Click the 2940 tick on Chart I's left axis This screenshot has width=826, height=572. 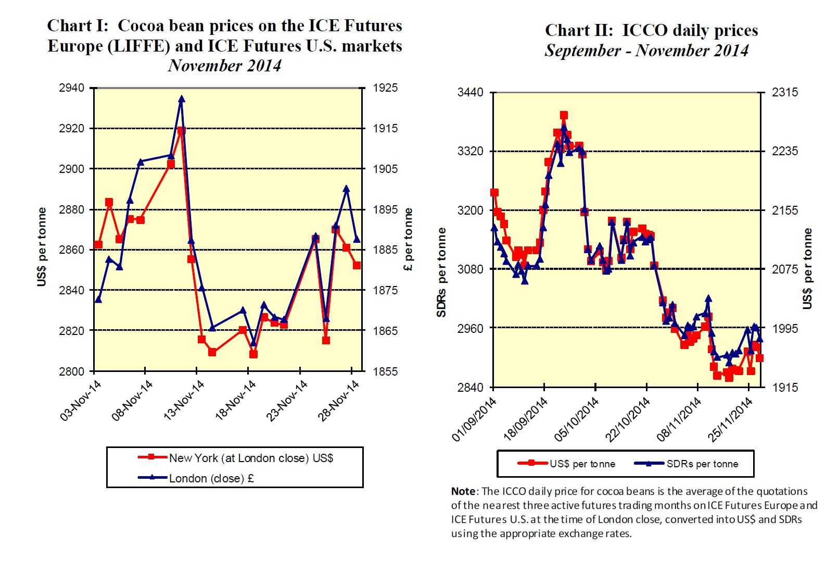[x=71, y=88]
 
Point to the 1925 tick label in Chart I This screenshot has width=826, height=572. [x=385, y=88]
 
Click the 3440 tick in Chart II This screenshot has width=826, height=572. [x=470, y=93]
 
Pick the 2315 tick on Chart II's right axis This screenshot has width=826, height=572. [x=784, y=93]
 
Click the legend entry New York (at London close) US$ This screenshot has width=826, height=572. [x=251, y=458]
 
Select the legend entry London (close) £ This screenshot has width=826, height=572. [x=211, y=478]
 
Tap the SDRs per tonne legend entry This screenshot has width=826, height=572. [x=702, y=464]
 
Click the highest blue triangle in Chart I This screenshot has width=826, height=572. [x=182, y=99]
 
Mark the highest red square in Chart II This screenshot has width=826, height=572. [x=564, y=115]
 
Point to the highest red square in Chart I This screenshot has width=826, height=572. [x=181, y=131]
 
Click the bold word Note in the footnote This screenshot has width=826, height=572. [x=463, y=491]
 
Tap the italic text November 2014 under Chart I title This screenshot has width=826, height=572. [x=224, y=66]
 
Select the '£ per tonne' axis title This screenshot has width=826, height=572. [x=409, y=240]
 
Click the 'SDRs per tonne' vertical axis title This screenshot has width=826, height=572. [x=441, y=272]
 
